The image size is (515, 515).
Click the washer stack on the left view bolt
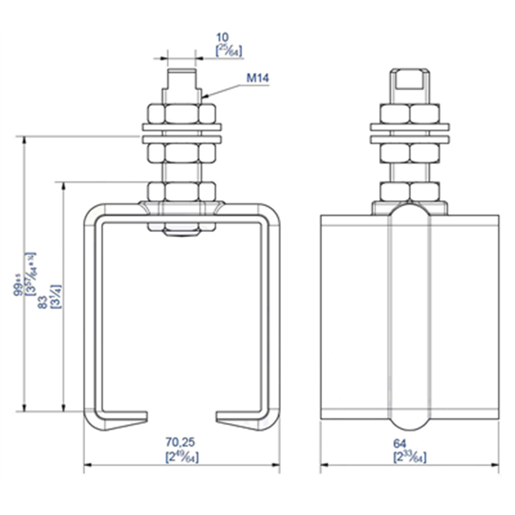(180, 133)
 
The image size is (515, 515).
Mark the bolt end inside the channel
(180, 229)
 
